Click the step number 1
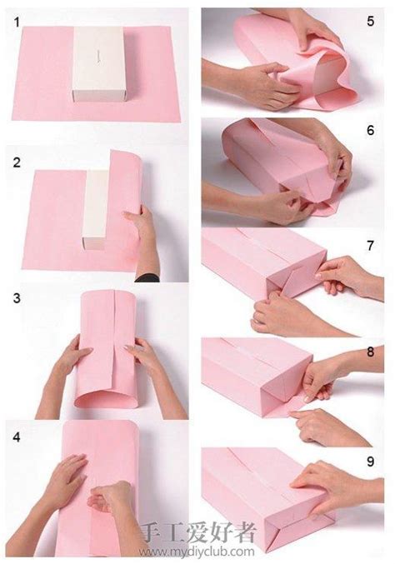[17, 22]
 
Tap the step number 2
[17, 162]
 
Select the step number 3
[17, 298]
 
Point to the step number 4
[17, 437]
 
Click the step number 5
[371, 21]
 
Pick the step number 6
[371, 130]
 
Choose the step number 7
[371, 246]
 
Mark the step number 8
[371, 352]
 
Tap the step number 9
[371, 462]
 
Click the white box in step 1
[98, 63]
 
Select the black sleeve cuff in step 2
[147, 277]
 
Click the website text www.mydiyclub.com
[197, 551]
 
